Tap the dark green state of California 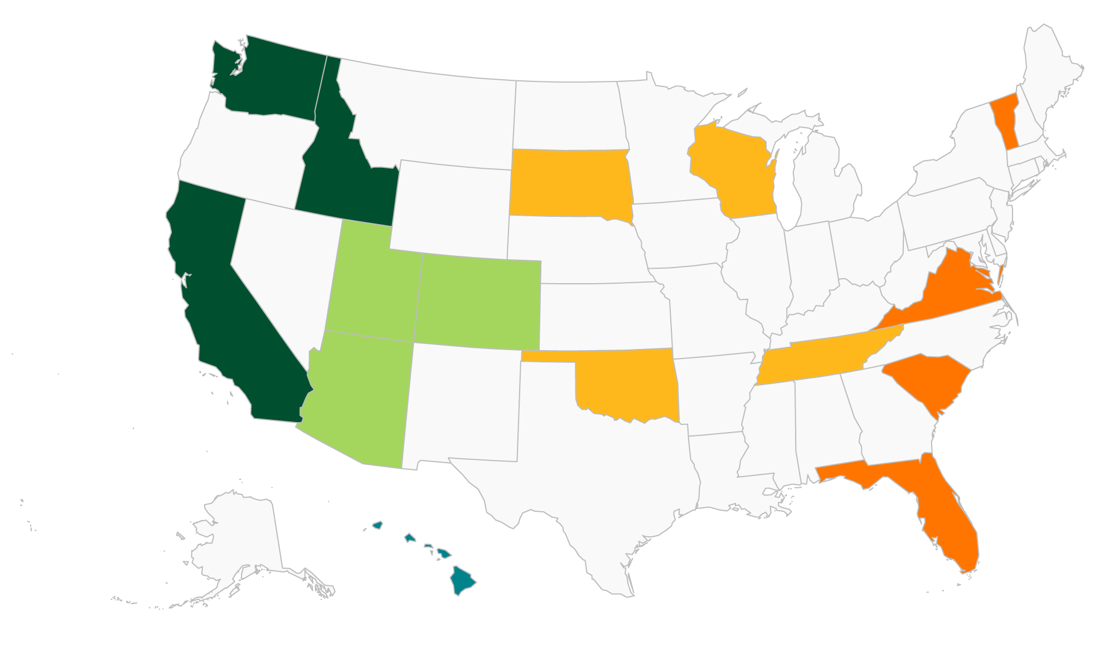(223, 312)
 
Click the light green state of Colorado (480, 301)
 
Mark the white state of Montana (429, 117)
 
